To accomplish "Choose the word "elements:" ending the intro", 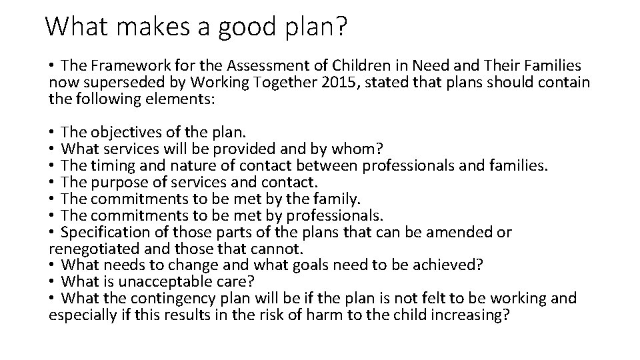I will point(184,99).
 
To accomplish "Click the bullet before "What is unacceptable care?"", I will point(52,282).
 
